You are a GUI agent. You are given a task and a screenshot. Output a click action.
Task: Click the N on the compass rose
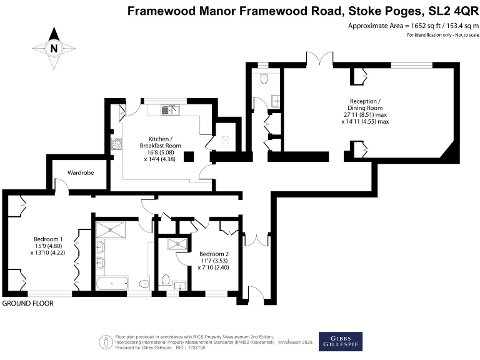54,48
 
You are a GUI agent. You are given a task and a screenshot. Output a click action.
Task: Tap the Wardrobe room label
81,172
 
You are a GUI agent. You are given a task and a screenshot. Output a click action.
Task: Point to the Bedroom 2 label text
214,254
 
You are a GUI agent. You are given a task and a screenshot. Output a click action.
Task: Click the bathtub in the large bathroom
112,283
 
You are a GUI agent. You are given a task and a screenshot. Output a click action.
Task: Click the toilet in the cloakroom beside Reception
263,81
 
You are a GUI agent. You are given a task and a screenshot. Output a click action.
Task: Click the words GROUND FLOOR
27,303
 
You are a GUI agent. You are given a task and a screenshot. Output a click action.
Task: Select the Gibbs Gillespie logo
340,341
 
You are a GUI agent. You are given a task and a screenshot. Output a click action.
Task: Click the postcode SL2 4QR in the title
452,11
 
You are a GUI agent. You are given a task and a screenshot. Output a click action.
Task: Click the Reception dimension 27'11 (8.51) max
365,114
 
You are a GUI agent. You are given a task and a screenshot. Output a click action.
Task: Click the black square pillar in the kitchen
186,156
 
